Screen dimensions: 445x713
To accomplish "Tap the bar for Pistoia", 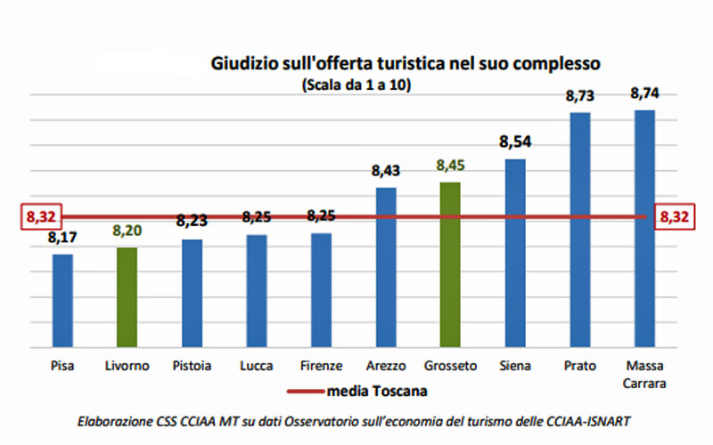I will pyautogui.click(x=192, y=293).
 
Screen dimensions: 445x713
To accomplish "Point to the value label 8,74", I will pyautogui.click(x=644, y=93).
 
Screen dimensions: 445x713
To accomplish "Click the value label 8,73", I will pyautogui.click(x=580, y=95).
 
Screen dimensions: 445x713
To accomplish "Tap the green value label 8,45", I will pyautogui.click(x=450, y=166).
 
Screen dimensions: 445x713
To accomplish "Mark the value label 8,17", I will pyautogui.click(x=62, y=238).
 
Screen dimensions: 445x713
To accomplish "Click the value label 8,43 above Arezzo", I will pyautogui.click(x=386, y=170).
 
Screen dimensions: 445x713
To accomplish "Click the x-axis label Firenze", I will pyautogui.click(x=321, y=366).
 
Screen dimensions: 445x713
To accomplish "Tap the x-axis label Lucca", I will pyautogui.click(x=256, y=366).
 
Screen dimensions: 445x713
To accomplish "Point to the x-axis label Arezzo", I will pyautogui.click(x=386, y=366).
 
